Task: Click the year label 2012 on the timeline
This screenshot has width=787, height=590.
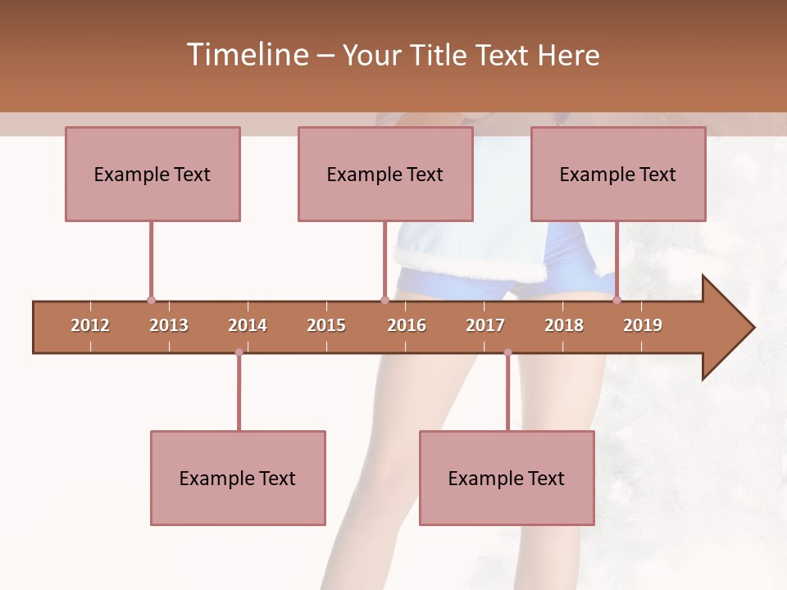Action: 90,325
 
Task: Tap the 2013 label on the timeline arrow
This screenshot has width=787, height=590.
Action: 169,325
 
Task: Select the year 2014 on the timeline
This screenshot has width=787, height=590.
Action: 248,325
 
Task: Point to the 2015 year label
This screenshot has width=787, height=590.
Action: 326,325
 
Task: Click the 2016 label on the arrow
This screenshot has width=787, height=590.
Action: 407,325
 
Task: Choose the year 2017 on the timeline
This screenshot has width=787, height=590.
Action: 485,325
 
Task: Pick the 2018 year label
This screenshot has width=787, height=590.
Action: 564,325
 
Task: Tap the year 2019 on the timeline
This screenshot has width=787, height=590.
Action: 643,325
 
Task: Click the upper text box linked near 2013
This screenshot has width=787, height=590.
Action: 152,174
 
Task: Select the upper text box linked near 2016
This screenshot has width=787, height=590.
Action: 385,174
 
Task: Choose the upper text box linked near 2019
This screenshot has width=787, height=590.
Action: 618,174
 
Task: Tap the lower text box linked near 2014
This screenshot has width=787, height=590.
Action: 238,478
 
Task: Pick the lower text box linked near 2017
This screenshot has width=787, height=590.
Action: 507,478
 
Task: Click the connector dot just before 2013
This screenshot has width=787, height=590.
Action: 151,300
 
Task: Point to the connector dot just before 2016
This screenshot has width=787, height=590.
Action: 384,300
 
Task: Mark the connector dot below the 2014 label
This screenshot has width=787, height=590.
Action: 239,352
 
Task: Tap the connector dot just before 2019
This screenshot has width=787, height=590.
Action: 616,300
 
